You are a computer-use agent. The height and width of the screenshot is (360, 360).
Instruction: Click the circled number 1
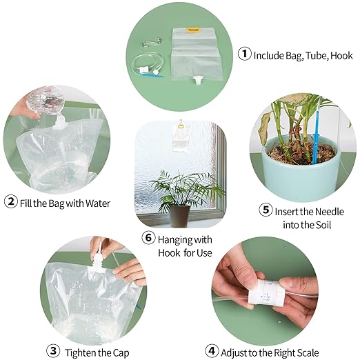pyautogui.click(x=244, y=54)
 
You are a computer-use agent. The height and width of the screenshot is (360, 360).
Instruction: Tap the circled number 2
pyautogui.click(x=11, y=202)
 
